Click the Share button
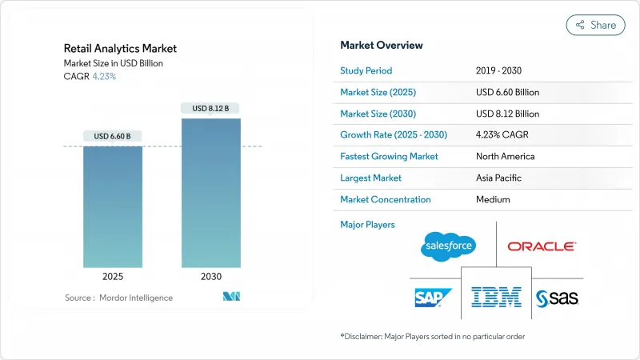(595, 25)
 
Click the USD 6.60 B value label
(113, 135)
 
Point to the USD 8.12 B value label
(210, 108)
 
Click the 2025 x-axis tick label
(113, 276)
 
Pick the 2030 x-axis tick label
(210, 276)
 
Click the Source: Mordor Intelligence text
(118, 298)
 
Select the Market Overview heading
(382, 46)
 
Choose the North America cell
(506, 156)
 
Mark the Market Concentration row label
(386, 199)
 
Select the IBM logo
(496, 297)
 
